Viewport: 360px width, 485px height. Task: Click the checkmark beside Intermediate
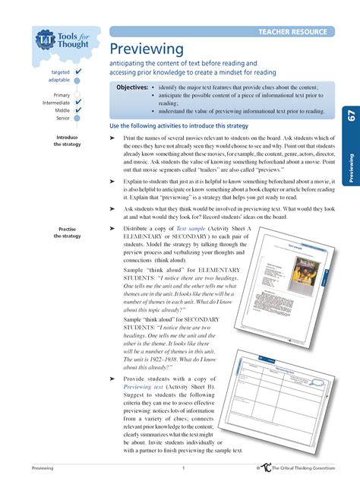(x=79, y=102)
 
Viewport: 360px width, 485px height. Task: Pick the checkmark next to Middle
(x=79, y=110)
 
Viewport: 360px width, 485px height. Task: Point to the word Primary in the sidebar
(x=62, y=95)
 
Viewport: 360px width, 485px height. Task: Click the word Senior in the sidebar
(x=62, y=118)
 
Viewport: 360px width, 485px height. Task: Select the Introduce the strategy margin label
(x=67, y=141)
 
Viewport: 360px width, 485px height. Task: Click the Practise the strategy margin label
(x=67, y=233)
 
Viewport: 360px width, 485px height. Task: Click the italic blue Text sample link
(x=191, y=228)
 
